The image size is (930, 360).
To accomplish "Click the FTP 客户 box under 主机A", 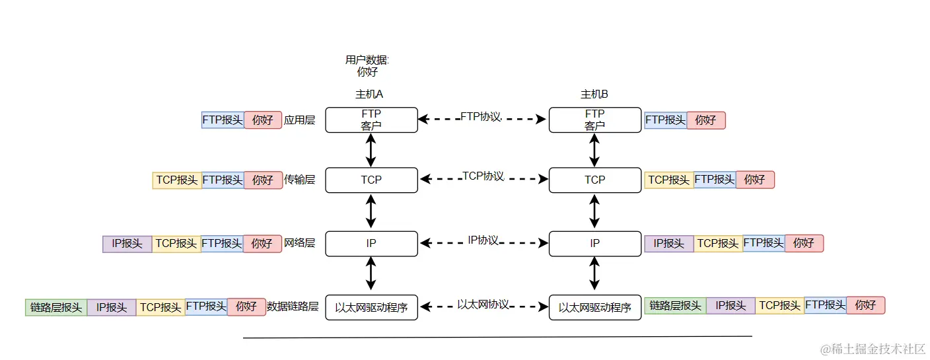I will coord(371,120).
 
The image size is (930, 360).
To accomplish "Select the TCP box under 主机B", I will coord(594,180).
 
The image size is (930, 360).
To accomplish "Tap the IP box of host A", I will coord(371,243).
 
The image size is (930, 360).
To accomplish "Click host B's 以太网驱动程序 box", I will coord(594,307).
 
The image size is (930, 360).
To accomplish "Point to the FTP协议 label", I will coord(482,117).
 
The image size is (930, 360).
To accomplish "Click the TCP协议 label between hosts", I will coord(483,176).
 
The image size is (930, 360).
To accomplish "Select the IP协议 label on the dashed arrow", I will coord(483,240).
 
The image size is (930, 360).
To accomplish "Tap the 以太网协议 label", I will coord(483,305).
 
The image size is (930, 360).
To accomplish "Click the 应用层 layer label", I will coord(299,120).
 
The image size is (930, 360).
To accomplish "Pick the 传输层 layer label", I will coord(299,180).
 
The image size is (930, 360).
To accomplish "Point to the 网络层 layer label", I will coord(299,243).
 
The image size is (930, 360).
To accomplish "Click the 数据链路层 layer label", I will coord(293,307).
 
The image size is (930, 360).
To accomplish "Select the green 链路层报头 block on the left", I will coord(56,307).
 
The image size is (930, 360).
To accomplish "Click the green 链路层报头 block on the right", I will coord(675,305).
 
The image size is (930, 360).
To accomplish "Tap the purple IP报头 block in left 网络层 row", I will coord(127,244).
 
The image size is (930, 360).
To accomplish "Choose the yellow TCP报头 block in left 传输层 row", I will coord(176,180).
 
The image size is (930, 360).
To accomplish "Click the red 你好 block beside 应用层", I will coord(262,120).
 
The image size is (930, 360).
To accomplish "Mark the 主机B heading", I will coord(594,94).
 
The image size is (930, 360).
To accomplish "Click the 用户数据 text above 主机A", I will coord(367,60).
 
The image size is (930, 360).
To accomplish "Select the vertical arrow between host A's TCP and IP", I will coord(371,211).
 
